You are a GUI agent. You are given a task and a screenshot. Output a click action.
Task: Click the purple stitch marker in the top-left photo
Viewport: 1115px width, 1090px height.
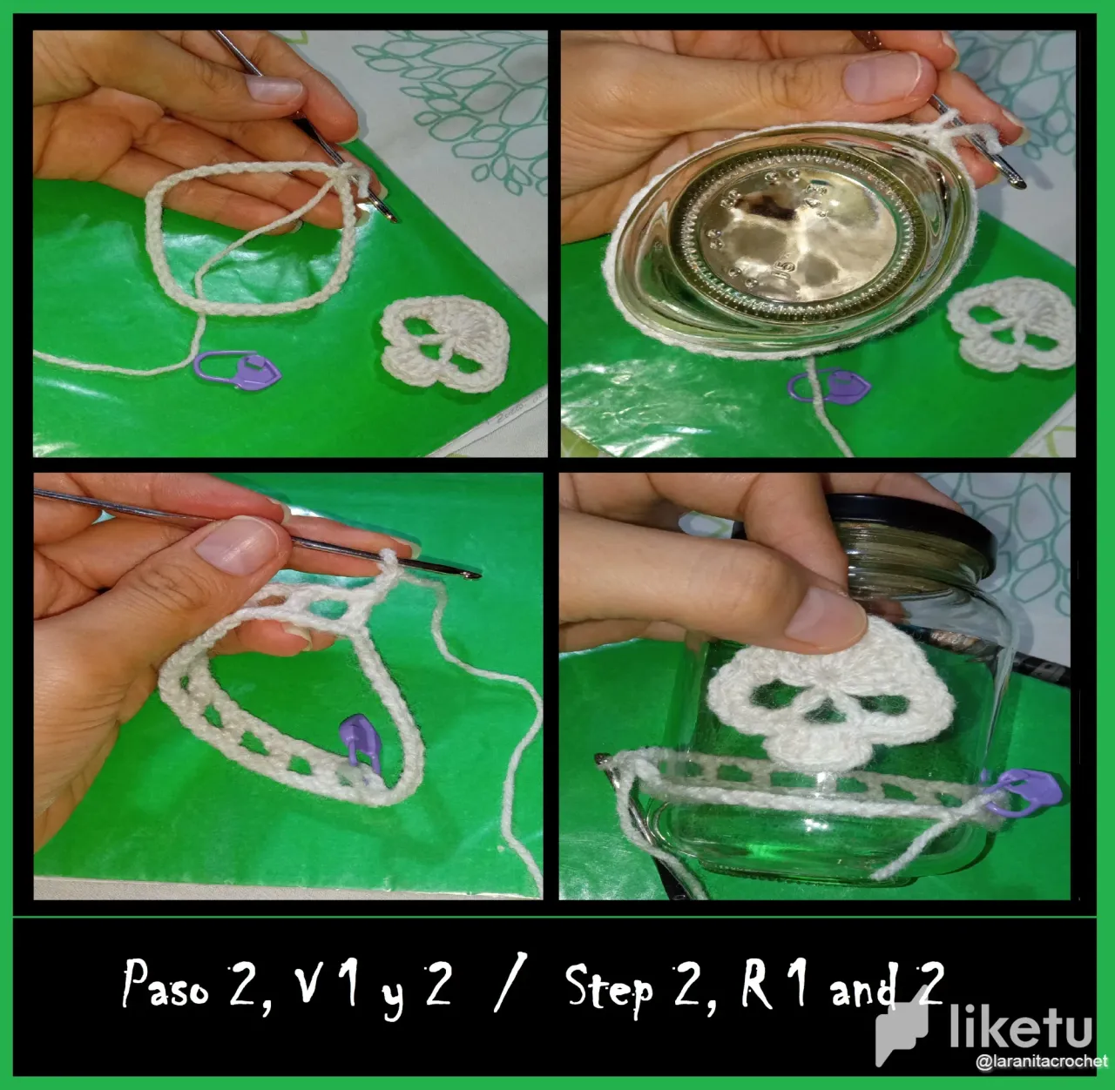pos(237,369)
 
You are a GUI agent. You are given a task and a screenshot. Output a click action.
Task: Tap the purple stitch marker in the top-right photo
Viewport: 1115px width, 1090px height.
pos(829,385)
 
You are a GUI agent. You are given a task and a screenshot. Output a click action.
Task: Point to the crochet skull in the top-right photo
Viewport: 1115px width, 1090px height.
pos(1010,324)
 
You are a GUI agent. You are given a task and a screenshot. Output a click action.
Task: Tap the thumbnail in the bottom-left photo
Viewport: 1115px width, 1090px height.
pos(236,545)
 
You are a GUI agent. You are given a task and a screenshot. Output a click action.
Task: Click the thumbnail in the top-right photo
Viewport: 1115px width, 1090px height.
pos(882,77)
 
